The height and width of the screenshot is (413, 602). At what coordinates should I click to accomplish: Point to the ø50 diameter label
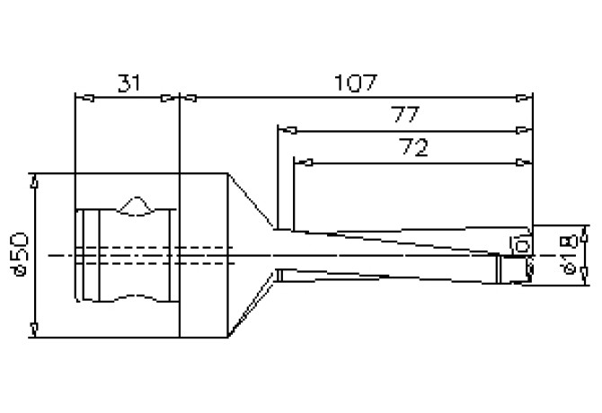click(22, 255)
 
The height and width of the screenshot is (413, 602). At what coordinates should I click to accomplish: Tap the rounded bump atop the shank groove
click(135, 205)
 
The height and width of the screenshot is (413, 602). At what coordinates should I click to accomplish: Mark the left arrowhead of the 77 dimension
click(285, 131)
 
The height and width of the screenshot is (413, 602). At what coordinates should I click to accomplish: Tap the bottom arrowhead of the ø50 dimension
click(34, 331)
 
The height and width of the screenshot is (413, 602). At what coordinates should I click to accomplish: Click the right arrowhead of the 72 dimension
click(520, 163)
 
